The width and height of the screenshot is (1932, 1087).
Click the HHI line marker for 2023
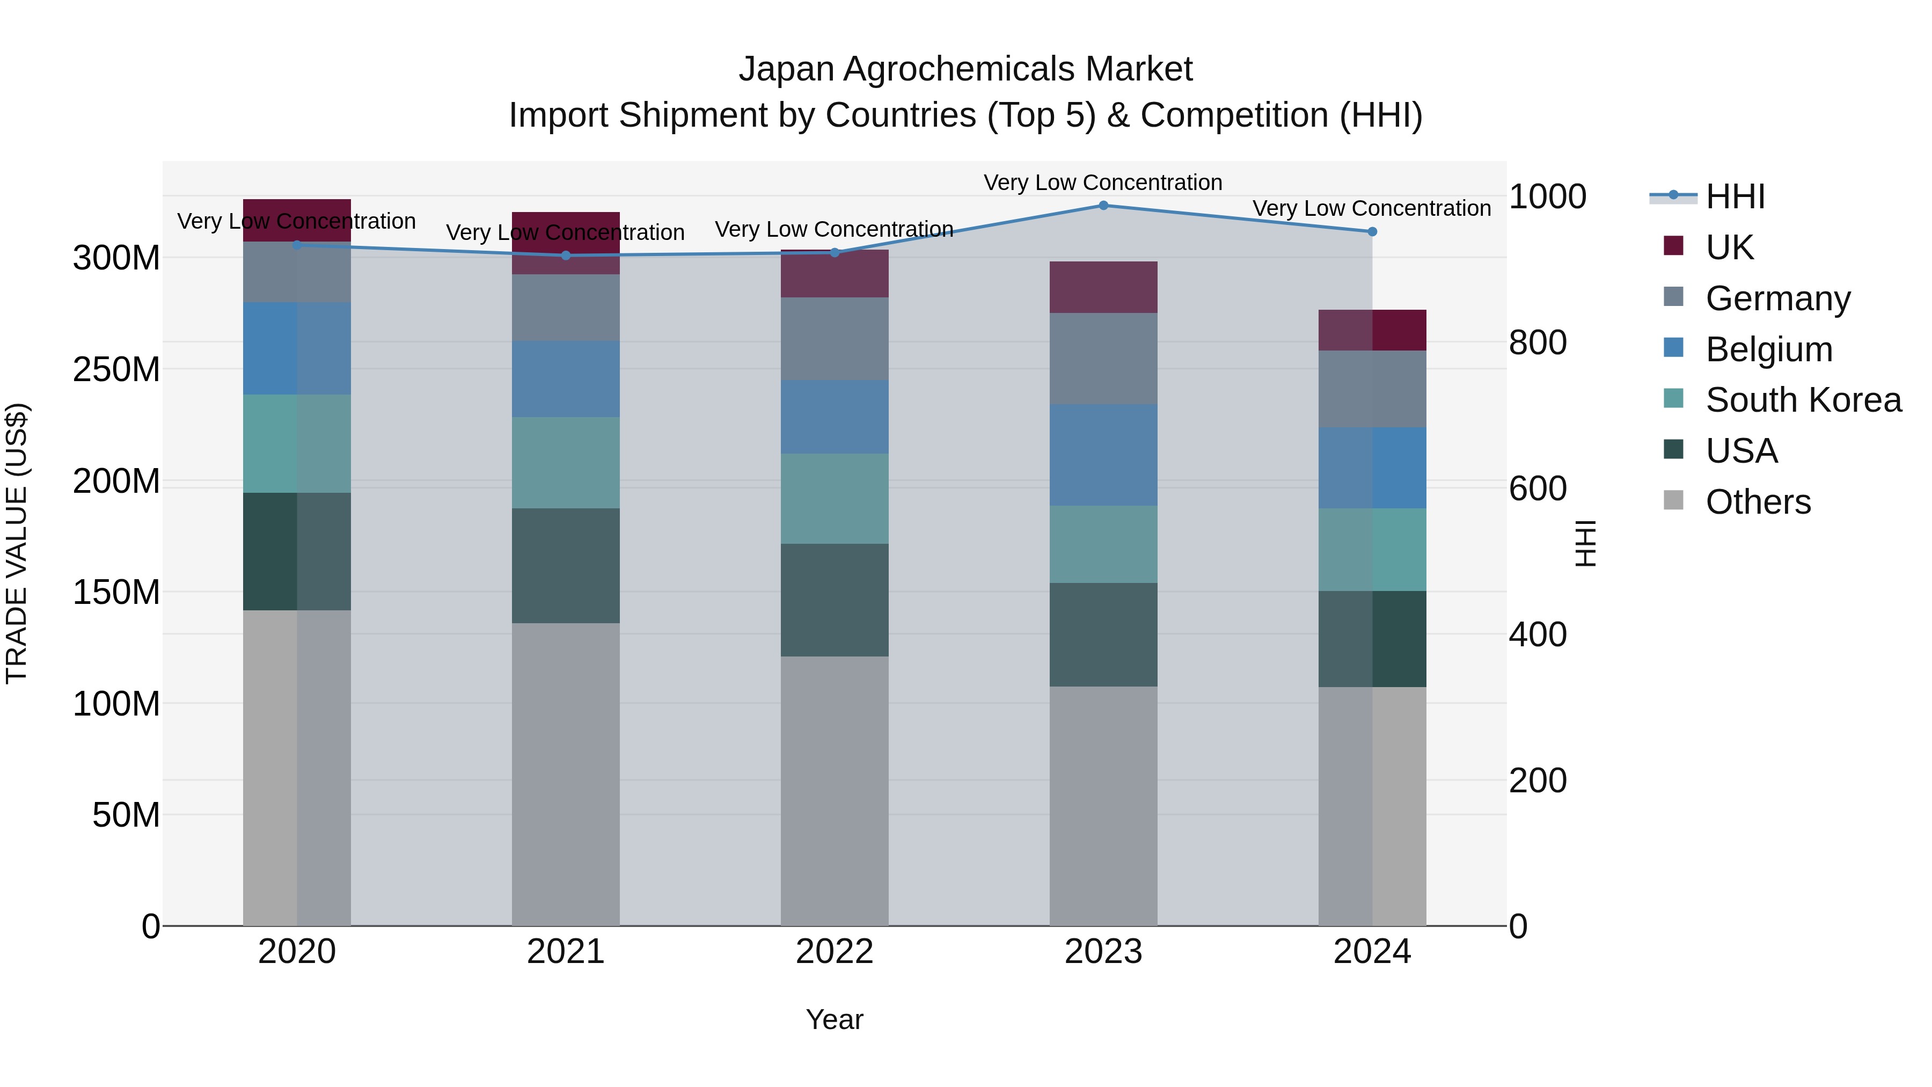coord(1103,205)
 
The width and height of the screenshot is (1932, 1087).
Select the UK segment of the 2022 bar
coord(834,274)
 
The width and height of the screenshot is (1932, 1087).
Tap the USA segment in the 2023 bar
coord(1103,634)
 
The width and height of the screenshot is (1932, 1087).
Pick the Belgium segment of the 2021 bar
coord(566,379)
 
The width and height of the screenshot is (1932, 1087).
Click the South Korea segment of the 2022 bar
coord(834,498)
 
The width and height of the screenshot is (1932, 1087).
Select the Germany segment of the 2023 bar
coord(1103,359)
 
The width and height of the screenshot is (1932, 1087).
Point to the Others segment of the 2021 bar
coord(566,772)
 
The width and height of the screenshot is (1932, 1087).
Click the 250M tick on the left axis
coord(116,369)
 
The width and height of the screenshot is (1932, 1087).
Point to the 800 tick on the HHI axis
coord(1538,343)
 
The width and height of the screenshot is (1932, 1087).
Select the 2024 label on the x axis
coord(1372,952)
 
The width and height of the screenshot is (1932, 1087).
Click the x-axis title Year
coord(834,1019)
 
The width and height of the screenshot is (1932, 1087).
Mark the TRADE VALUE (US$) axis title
coord(17,543)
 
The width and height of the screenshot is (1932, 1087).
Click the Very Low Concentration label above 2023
coord(1102,183)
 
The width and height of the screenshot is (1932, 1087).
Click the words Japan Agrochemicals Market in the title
coord(965,69)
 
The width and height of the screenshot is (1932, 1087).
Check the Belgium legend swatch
coord(1673,347)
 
